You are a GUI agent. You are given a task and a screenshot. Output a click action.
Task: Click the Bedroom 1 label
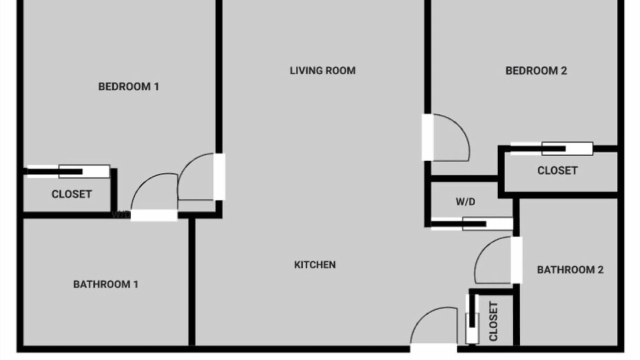(128, 86)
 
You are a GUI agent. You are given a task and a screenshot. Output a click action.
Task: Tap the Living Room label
(323, 70)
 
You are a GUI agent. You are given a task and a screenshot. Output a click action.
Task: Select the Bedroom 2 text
(536, 71)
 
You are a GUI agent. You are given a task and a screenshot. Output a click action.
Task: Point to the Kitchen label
(315, 265)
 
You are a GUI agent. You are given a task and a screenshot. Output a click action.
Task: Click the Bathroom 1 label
(105, 284)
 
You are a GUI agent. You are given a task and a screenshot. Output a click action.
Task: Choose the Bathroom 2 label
(570, 269)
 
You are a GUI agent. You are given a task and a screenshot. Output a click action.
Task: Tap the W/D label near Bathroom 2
(465, 201)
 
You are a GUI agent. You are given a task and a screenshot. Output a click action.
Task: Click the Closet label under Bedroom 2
(557, 170)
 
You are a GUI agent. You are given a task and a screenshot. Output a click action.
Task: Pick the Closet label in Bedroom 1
(71, 194)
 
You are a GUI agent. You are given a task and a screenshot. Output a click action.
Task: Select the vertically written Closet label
(493, 321)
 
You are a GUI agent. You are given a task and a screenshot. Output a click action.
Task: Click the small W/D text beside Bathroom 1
(121, 214)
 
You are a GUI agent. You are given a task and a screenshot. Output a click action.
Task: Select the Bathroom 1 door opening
(154, 215)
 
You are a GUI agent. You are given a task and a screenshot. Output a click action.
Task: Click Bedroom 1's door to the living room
(219, 177)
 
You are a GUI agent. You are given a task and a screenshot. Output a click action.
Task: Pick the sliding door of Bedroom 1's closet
(68, 171)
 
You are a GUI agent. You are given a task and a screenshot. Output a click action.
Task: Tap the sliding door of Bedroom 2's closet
(552, 148)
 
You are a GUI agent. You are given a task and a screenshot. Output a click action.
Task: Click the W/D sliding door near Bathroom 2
(472, 224)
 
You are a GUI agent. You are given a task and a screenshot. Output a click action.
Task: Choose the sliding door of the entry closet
(472, 319)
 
